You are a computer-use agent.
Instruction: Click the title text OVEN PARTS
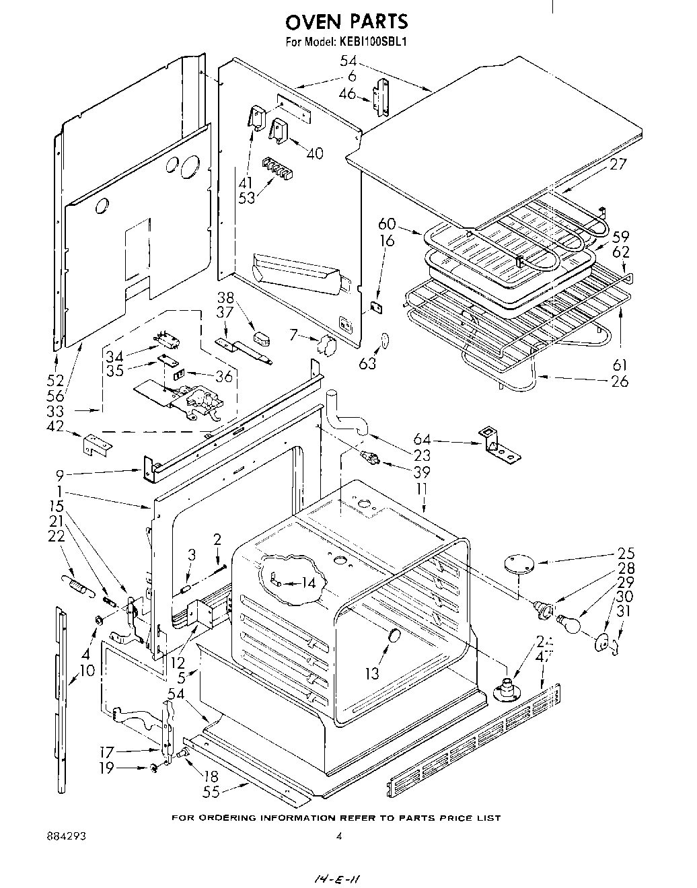tap(346, 22)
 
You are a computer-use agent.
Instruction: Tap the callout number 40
tap(314, 153)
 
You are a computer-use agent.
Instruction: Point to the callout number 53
tap(247, 198)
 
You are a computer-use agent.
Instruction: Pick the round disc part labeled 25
tap(516, 564)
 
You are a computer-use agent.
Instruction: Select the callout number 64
tap(422, 441)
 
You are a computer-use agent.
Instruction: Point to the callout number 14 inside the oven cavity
tap(307, 583)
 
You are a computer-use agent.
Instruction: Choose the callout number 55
tap(211, 792)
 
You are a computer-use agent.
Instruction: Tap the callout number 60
tap(387, 225)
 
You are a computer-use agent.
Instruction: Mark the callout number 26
tap(619, 381)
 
